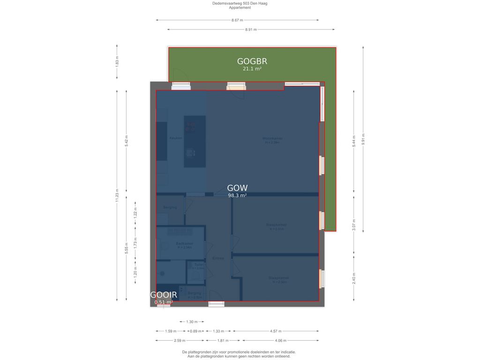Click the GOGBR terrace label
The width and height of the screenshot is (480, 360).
(252, 61)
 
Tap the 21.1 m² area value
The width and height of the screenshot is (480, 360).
(252, 69)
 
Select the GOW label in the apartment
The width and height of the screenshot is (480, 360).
(237, 188)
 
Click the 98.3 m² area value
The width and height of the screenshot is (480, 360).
(237, 196)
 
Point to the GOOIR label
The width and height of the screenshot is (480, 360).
(164, 295)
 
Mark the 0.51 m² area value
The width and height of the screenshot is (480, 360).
(164, 302)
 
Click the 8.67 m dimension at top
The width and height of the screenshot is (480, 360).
(237, 20)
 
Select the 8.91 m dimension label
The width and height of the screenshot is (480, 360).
(251, 30)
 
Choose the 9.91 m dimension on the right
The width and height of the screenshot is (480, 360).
(363, 139)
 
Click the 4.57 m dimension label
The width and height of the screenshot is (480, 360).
(276, 331)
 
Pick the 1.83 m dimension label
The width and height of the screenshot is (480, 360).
(117, 61)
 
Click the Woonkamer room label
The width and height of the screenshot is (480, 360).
(272, 138)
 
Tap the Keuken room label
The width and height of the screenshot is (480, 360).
(176, 138)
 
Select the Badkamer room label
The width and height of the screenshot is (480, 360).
(184, 244)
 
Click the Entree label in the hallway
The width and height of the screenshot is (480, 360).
(218, 258)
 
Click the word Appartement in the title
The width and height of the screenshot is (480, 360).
(240, 7)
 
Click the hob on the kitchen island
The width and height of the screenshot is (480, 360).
(190, 126)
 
